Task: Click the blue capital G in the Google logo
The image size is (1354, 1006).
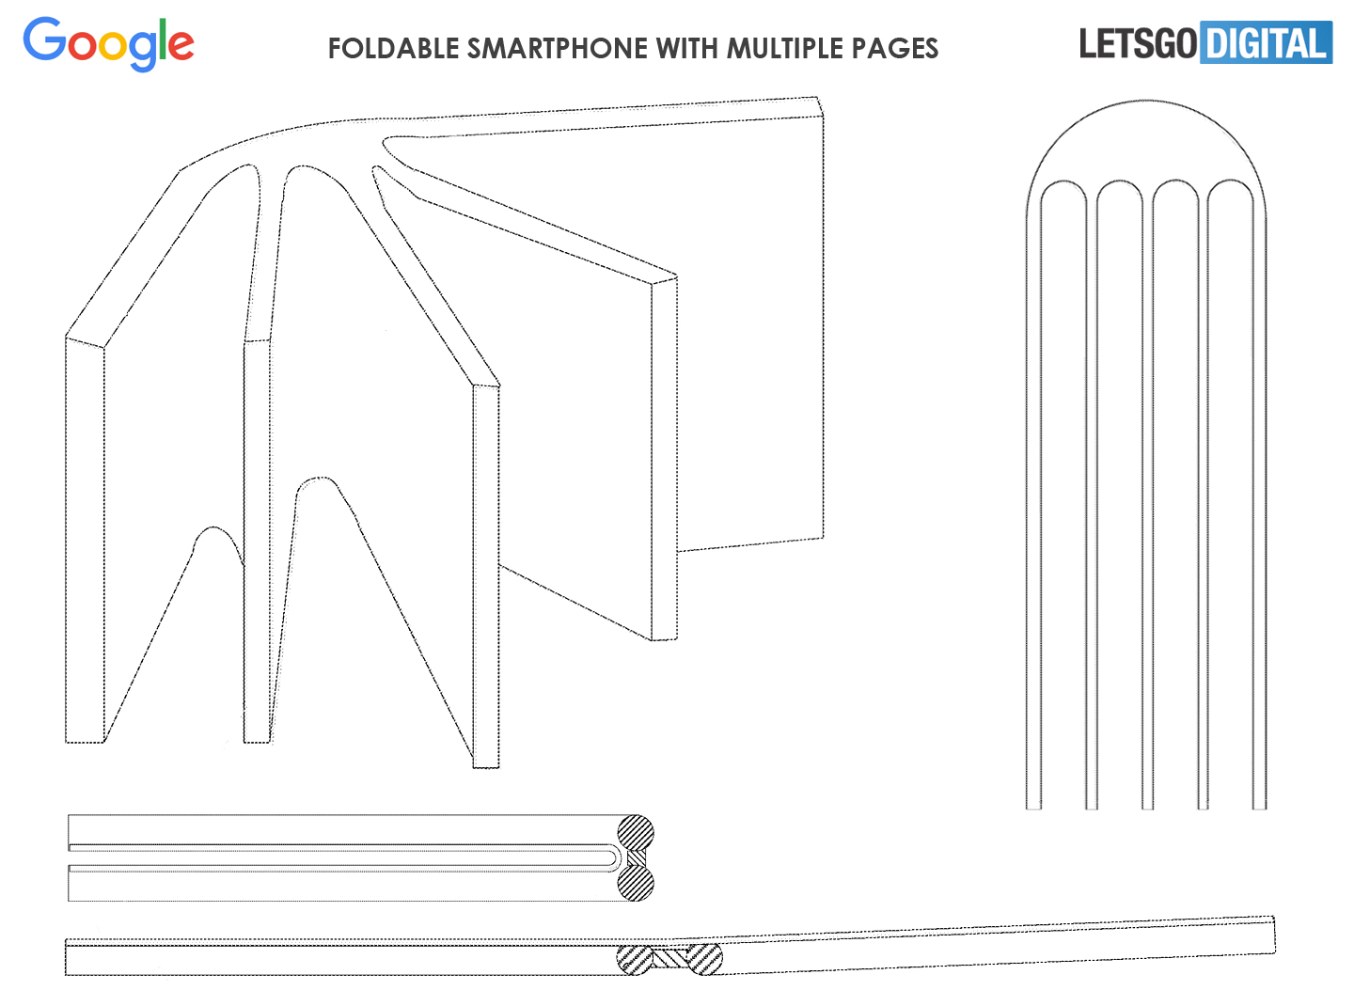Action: [x=45, y=39]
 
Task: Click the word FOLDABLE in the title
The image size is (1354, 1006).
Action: [x=393, y=49]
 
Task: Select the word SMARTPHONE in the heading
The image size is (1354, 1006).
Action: [x=557, y=49]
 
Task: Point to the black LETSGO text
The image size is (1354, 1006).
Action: [x=1139, y=43]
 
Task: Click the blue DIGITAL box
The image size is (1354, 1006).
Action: [x=1267, y=42]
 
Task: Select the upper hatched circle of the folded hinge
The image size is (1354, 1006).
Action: [x=636, y=833]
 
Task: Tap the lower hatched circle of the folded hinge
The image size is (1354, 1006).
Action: [x=636, y=883]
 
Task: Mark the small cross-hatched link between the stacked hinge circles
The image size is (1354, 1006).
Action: [x=637, y=858]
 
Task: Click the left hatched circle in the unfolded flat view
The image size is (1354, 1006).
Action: [x=635, y=959]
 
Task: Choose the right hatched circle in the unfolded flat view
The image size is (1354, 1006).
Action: [x=704, y=959]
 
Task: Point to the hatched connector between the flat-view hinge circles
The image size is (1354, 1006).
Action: [x=669, y=958]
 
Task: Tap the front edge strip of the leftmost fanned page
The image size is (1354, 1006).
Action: [x=85, y=541]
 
